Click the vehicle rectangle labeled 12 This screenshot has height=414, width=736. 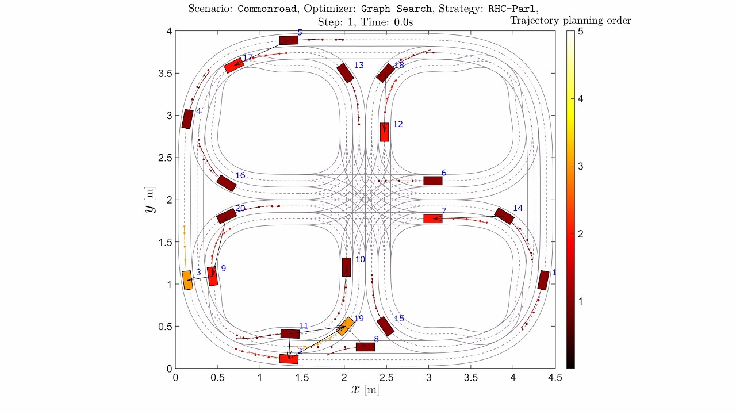[384, 132]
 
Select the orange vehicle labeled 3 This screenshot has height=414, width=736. [187, 280]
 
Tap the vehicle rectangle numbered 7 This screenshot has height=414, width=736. [432, 218]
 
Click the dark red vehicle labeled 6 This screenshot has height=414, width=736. [432, 181]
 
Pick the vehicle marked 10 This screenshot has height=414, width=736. [346, 267]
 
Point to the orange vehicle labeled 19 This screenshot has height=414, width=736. [345, 326]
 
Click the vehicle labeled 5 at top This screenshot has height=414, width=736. [289, 40]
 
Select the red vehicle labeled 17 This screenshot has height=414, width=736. [234, 65]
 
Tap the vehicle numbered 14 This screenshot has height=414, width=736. [504, 216]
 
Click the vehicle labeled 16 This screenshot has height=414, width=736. [227, 183]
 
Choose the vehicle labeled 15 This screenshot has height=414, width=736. [385, 326]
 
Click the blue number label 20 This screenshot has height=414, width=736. [240, 208]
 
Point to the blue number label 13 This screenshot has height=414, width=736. [358, 66]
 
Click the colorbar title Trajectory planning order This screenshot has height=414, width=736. [570, 21]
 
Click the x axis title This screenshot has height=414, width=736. [365, 390]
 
